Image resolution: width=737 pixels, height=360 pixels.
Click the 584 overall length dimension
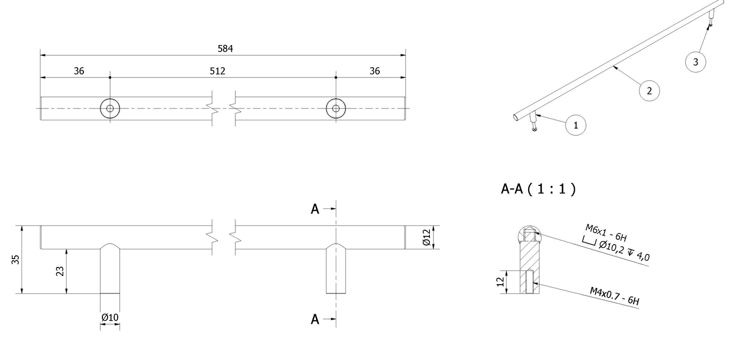point(225,49)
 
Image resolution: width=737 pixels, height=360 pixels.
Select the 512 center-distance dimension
point(218,71)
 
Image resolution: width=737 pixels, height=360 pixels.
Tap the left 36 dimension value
point(79,71)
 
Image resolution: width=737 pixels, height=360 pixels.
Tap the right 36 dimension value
point(375,71)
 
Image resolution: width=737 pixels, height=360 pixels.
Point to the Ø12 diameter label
point(426,238)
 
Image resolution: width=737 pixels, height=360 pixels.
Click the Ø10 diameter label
point(110,317)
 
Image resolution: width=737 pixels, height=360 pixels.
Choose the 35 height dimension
point(15,260)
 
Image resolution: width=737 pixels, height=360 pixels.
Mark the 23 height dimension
point(60,271)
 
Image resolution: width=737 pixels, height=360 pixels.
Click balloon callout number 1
point(576,125)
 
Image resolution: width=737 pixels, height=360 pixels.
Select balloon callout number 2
point(649,91)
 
